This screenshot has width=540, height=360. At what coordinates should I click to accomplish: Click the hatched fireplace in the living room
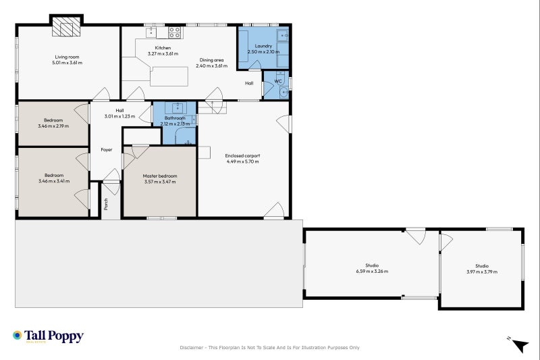[x=66, y=27]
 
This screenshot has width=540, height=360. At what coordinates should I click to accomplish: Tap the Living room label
[x=67, y=57]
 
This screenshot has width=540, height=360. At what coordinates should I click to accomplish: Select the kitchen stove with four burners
[x=175, y=32]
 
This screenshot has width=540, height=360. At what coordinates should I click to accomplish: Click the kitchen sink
[x=151, y=32]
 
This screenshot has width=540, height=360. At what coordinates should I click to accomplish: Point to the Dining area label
[x=211, y=60]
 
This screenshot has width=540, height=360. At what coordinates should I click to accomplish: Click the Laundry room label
[x=263, y=46]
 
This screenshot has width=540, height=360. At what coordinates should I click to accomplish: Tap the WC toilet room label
[x=278, y=81]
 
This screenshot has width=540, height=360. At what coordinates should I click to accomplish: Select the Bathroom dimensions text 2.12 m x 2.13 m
[x=175, y=124]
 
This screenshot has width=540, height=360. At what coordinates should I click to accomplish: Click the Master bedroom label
[x=160, y=176]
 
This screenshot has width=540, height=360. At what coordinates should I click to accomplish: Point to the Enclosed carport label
[x=242, y=156]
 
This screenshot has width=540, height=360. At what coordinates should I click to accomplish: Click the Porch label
[x=106, y=204]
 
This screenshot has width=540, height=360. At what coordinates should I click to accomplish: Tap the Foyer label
[x=107, y=149]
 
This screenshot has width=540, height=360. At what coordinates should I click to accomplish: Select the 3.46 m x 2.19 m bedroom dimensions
[x=53, y=126]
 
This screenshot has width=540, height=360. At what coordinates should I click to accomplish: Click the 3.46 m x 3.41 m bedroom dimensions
[x=54, y=181]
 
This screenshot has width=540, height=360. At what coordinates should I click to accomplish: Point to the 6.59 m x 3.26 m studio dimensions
[x=372, y=271]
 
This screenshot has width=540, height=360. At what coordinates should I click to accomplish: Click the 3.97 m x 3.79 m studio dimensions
[x=482, y=272]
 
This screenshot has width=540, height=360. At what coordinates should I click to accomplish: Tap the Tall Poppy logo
[x=48, y=336]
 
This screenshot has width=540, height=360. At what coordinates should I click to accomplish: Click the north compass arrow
[x=520, y=345]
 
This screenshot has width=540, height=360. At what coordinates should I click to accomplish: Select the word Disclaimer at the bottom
[x=192, y=348]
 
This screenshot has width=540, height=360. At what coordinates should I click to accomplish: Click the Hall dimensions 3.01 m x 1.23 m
[x=119, y=116]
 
